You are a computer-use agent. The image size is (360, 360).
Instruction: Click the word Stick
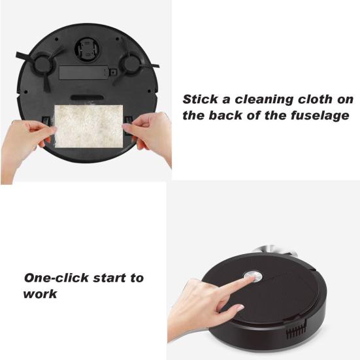[x=199, y=100]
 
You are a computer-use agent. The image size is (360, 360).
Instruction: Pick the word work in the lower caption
[x=40, y=293]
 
